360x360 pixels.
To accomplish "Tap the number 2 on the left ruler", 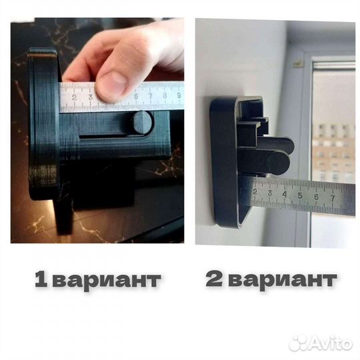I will (x=73, y=98).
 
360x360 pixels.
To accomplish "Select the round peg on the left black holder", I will (x=142, y=122).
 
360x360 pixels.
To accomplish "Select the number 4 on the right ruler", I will (x=285, y=195).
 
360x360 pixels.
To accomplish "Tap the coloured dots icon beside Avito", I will (x=299, y=343).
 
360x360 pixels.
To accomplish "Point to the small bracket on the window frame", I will (x=299, y=63).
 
